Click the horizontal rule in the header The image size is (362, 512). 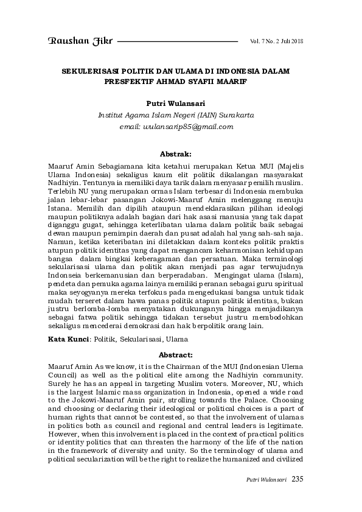pos(177,41)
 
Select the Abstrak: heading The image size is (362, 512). pos(176,155)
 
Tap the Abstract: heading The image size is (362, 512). pos(176,353)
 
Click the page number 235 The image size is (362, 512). pos(297,479)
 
